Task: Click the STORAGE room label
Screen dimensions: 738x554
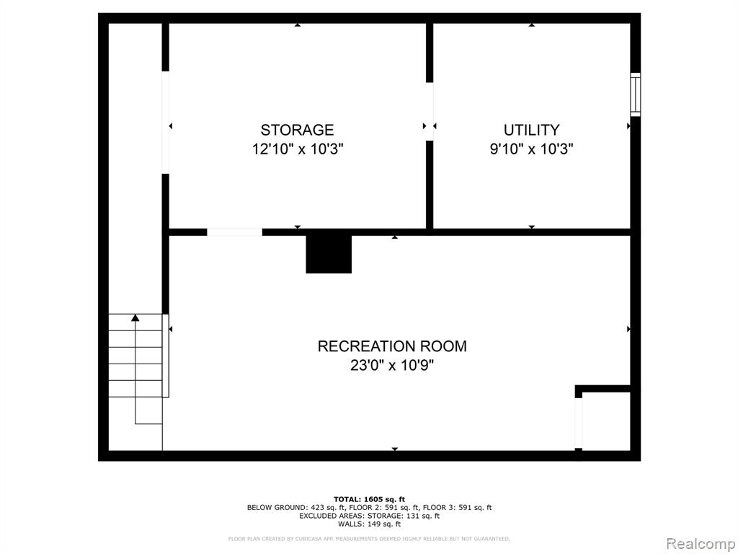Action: (x=297, y=130)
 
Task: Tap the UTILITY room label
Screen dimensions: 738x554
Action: (x=531, y=130)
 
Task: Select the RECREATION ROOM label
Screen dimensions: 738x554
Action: (x=392, y=346)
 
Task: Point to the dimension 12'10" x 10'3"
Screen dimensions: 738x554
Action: (x=298, y=149)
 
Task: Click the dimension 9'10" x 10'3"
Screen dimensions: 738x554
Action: (x=531, y=149)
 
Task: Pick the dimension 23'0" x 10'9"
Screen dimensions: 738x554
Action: (x=392, y=365)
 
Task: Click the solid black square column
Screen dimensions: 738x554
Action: (x=329, y=254)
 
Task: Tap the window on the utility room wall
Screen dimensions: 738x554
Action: (x=636, y=94)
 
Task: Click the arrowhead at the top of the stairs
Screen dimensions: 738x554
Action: (x=135, y=318)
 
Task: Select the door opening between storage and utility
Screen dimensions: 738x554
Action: (x=430, y=112)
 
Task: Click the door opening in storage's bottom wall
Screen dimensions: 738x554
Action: (x=234, y=232)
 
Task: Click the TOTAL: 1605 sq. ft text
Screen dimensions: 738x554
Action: (x=369, y=499)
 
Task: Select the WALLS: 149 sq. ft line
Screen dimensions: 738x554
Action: (x=369, y=524)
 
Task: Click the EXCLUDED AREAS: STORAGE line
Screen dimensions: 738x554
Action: (x=369, y=516)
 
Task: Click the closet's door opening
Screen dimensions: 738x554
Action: (x=579, y=423)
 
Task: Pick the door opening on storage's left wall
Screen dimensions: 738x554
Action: (x=165, y=123)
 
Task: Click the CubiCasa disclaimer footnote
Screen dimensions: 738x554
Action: (x=369, y=538)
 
